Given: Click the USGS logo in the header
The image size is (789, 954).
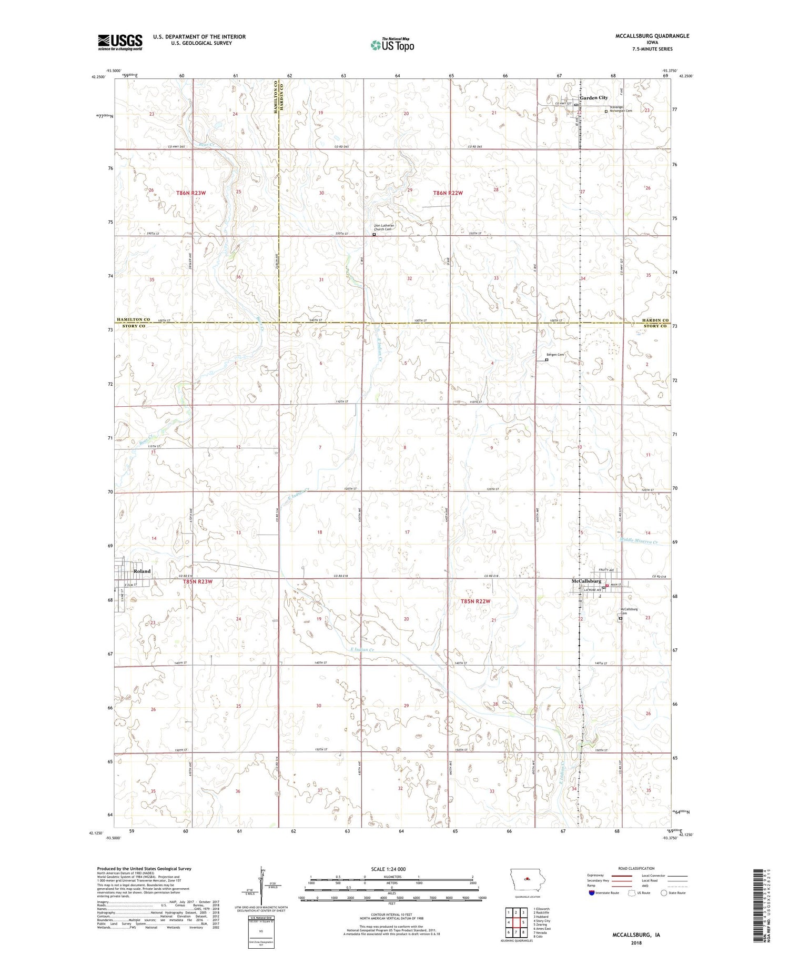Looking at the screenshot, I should point(120,42).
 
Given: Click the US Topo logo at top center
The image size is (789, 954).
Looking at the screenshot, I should point(392,45).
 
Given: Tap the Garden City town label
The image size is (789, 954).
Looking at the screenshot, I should point(593,98).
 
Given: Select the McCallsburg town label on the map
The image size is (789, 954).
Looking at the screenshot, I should point(586,581).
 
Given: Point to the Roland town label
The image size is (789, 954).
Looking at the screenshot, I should point(141,571).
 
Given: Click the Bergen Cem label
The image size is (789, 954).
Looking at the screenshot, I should point(555,355).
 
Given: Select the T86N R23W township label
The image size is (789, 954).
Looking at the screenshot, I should point(190,193).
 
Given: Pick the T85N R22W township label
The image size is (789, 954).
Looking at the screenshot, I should point(475,601).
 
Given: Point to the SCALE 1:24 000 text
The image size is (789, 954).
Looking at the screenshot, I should point(388,869).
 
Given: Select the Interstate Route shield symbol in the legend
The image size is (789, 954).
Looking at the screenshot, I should point(592,893).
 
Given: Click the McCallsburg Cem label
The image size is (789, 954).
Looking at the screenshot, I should point(629,611).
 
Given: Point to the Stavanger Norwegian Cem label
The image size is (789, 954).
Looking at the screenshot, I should point(621,109).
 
